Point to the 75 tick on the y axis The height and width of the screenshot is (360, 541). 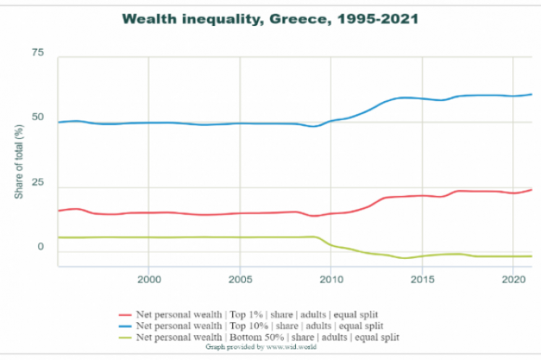click(38, 53)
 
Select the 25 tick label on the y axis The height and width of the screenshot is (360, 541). click(38, 183)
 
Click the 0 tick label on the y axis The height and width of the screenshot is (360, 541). click(41, 247)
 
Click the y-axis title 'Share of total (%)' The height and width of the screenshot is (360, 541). click(19, 161)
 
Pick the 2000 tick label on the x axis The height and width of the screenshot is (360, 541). click(148, 278)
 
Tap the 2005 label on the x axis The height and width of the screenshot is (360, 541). click(239, 278)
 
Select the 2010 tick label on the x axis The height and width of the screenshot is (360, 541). click(331, 278)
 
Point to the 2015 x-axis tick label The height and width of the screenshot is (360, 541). click(422, 278)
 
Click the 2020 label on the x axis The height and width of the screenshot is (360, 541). click(513, 278)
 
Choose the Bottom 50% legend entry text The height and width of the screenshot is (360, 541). click(268, 337)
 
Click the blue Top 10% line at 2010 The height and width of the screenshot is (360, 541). click(331, 121)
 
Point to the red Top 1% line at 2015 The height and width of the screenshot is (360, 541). click(422, 196)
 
